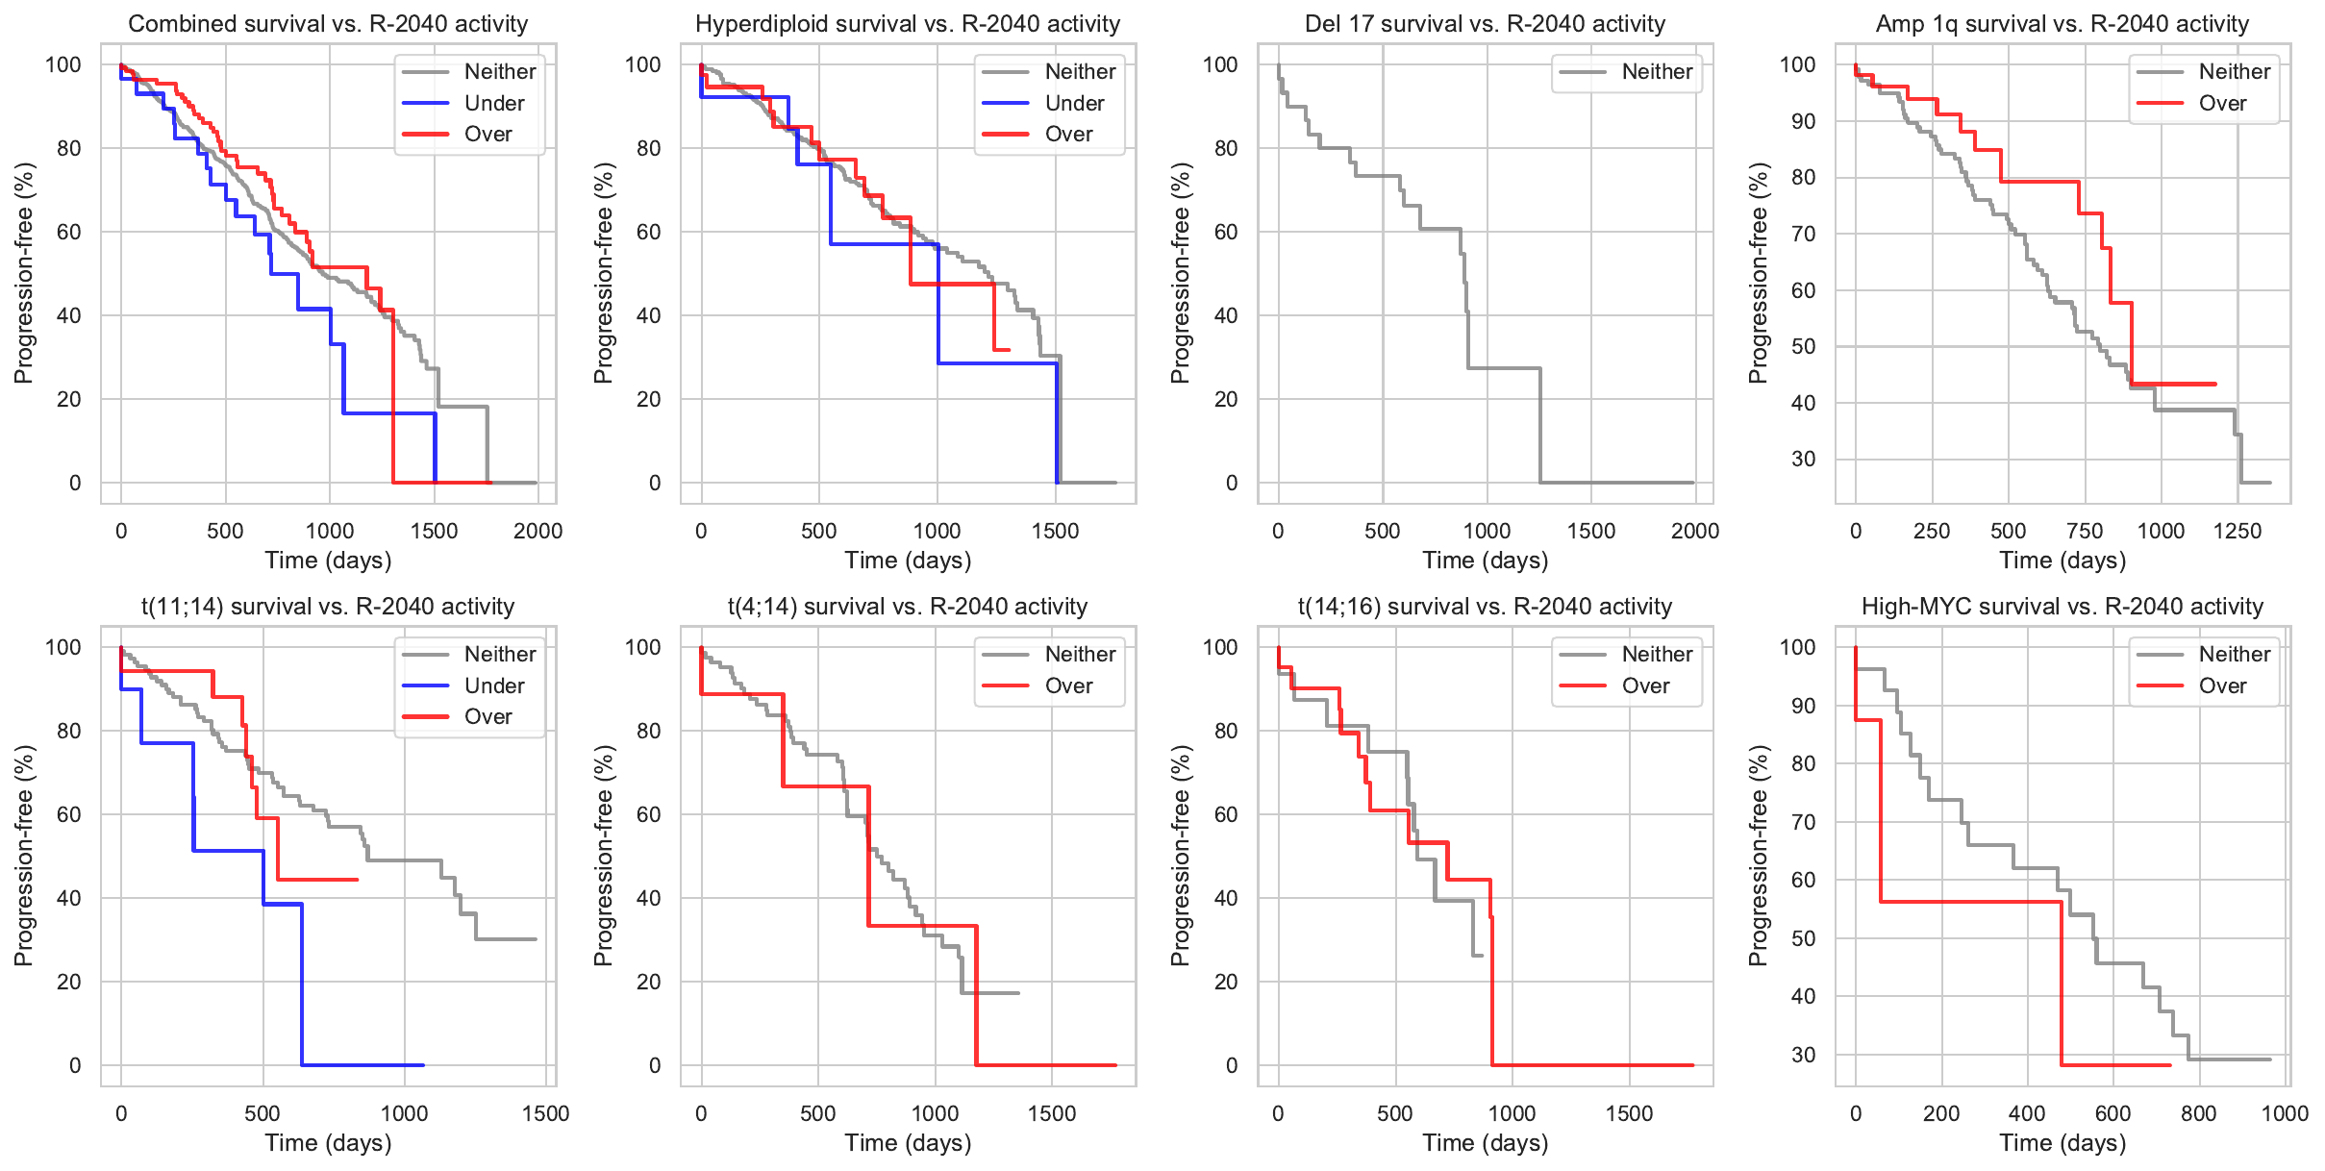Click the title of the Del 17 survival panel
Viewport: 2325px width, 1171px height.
tap(1485, 24)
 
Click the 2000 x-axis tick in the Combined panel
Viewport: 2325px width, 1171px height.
tap(537, 531)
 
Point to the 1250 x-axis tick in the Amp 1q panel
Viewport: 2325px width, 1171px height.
tap(2237, 531)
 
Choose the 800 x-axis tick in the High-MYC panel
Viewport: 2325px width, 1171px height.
tap(2198, 1113)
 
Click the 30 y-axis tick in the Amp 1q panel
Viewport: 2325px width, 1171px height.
tap(1803, 459)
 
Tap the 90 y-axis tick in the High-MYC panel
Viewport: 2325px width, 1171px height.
tap(1803, 706)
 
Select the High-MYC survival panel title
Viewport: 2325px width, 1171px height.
tap(2062, 607)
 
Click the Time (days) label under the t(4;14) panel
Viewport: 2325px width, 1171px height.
tap(908, 1142)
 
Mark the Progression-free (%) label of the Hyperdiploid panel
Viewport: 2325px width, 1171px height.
tap(603, 273)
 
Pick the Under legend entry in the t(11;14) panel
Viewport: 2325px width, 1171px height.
tap(493, 685)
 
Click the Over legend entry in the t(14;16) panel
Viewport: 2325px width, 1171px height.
tap(1645, 685)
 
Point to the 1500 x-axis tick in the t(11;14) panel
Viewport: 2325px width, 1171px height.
tap(545, 1113)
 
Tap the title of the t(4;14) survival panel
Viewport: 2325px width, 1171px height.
tap(908, 607)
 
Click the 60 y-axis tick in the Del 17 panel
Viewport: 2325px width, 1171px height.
tap(1226, 232)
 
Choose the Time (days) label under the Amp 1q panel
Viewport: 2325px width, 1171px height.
tap(2062, 560)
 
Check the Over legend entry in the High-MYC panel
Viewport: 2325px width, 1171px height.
tap(2222, 685)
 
